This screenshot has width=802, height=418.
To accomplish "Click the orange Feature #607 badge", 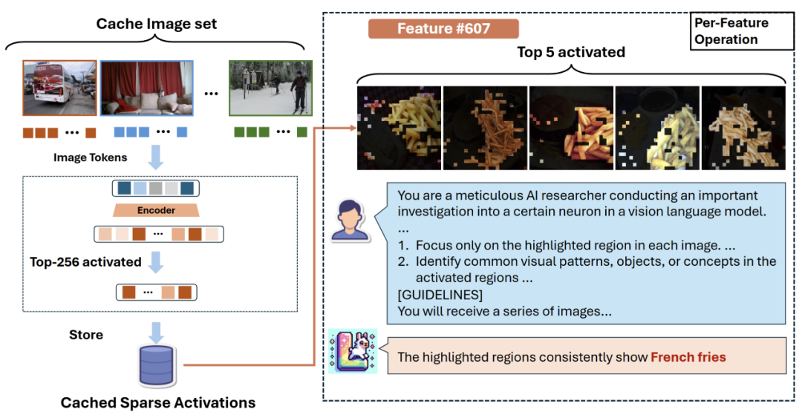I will [x=443, y=29].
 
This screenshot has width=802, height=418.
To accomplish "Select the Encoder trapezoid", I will [x=156, y=210].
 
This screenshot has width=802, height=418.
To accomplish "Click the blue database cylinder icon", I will [x=157, y=365].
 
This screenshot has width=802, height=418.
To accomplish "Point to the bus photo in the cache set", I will [x=59, y=88].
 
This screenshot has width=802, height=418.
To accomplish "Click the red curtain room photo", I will [x=146, y=88].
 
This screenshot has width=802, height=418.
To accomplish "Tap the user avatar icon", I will [x=349, y=219].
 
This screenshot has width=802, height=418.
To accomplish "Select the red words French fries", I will [x=688, y=357].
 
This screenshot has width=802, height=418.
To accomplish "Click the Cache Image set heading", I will [x=157, y=24].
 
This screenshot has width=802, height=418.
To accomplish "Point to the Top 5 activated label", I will [x=571, y=52].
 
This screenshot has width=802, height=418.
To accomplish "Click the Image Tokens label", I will [x=90, y=157].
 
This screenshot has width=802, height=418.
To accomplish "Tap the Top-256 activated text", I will [x=85, y=262].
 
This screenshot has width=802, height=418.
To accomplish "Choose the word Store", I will [x=86, y=335].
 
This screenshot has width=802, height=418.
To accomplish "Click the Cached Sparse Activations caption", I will [x=157, y=403].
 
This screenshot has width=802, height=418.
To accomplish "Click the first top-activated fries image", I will [x=399, y=128].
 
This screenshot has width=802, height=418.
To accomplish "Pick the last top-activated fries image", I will [x=743, y=128].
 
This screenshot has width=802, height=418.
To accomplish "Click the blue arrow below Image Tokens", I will [x=157, y=158].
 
